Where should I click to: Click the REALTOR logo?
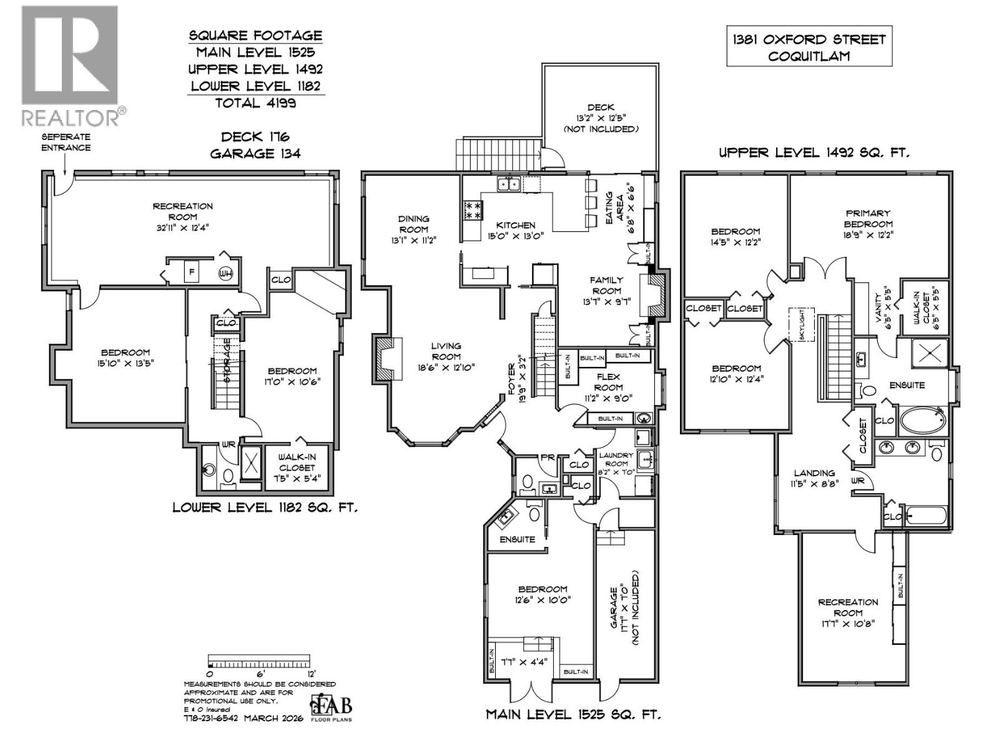tap(70, 66)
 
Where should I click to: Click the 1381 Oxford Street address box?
tap(809, 47)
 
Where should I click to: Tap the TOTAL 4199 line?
tap(255, 103)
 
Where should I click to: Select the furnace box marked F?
tap(192, 272)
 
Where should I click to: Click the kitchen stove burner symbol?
tap(473, 209)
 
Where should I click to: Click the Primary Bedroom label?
tap(868, 224)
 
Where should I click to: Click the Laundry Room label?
tap(616, 459)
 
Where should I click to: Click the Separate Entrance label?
tap(66, 142)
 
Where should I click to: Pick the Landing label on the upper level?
tap(814, 477)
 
